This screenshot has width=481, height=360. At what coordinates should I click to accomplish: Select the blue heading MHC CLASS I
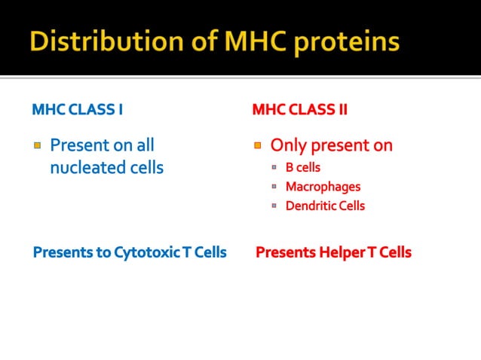(78, 110)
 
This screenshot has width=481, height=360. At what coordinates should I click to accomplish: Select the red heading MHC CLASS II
(299, 110)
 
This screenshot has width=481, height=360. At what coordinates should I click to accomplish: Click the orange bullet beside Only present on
(257, 145)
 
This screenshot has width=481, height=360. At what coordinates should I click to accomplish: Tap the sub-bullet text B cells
(302, 167)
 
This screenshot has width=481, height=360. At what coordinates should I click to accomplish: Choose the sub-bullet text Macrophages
(323, 186)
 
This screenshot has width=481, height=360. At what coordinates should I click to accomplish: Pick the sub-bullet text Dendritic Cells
(325, 206)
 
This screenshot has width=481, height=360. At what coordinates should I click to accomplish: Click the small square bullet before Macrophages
(275, 187)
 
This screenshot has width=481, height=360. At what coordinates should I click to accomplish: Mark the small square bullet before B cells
(275, 168)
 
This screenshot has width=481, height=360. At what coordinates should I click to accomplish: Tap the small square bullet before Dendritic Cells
(275, 206)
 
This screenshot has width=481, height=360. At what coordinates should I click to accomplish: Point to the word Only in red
(286, 145)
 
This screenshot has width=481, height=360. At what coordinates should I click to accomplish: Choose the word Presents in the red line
(285, 252)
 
